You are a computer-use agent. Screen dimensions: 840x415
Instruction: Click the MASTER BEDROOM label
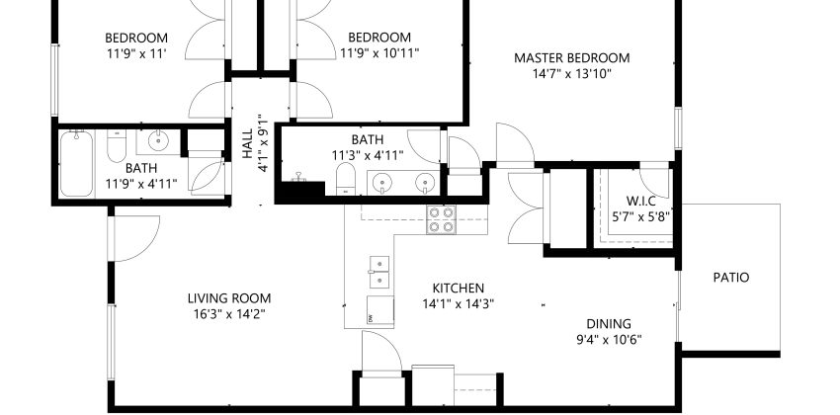point(571,58)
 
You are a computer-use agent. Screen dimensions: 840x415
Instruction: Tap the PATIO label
point(730,278)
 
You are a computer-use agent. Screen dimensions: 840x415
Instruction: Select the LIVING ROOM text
point(229,298)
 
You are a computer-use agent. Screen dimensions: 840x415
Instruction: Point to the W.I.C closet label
point(640,202)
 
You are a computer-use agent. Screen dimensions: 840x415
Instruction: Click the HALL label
point(247,144)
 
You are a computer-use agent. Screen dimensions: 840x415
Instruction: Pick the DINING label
point(609,323)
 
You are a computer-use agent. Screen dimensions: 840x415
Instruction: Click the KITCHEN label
point(458,289)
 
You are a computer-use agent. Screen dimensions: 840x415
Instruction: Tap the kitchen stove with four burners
point(441,219)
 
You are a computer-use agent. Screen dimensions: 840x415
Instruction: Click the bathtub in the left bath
point(77,163)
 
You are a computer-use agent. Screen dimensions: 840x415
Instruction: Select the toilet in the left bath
point(117,145)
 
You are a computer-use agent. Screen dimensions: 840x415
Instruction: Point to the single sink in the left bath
point(158,142)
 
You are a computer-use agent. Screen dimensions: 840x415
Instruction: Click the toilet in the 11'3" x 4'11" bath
point(346,179)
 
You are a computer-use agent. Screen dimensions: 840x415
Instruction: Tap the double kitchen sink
point(379,272)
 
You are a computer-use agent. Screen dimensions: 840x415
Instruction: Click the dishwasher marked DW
point(380,311)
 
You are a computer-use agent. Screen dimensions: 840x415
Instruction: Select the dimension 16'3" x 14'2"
point(229,314)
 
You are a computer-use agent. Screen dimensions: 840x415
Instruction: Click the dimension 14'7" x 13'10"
point(571,73)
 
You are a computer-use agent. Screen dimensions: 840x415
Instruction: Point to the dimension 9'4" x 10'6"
point(609,339)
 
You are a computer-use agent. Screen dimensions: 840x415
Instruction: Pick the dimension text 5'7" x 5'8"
point(640,216)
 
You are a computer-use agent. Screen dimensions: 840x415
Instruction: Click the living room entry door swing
point(134,238)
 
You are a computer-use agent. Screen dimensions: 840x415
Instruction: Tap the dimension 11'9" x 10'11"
point(379,53)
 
